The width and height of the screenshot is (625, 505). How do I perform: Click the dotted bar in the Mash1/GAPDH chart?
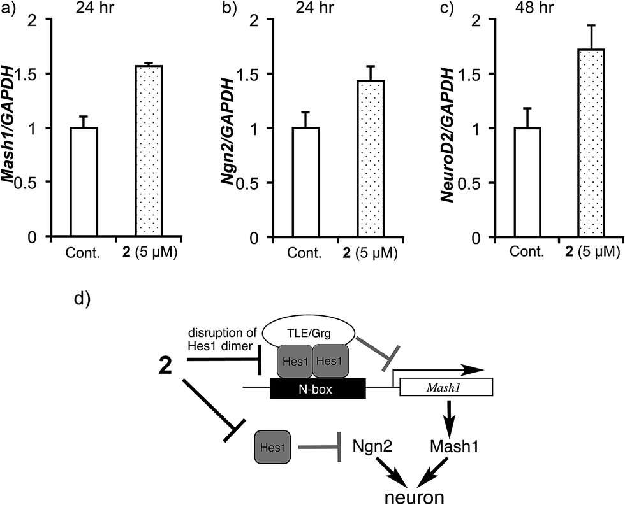pos(149,151)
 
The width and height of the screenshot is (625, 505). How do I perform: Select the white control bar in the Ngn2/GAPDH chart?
pos(305,182)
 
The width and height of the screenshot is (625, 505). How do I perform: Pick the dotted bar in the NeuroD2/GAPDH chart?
pos(591,143)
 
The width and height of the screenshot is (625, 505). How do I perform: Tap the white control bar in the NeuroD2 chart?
pos(527,182)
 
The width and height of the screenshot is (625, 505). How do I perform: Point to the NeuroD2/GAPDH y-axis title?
pos(449,134)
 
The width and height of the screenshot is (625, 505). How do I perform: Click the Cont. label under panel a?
pos(83,253)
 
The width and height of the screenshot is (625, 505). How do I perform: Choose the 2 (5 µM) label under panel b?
pos(371,253)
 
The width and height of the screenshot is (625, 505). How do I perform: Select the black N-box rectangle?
pos(318,388)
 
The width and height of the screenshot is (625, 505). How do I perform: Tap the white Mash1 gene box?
pos(446,387)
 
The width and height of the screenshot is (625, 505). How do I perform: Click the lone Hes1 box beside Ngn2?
pos(273,447)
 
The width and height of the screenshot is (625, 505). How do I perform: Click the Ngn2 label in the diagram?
pos(372,446)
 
